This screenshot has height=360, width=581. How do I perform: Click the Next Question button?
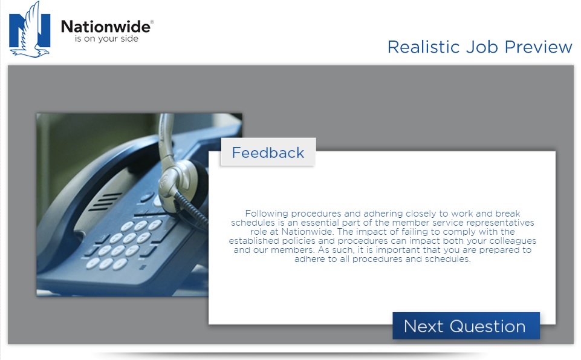point(466,326)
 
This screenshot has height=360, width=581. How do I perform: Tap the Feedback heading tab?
point(268,152)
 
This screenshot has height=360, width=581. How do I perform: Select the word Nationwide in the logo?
point(106,27)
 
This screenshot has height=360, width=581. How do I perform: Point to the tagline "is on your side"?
point(106,39)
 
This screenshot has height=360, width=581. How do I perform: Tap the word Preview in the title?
point(539,47)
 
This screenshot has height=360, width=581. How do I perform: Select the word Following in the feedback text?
point(267,214)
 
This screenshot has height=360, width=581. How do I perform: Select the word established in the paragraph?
point(254,241)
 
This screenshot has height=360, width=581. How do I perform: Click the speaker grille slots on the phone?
point(106,201)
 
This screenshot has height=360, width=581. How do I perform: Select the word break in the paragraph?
point(508,214)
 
